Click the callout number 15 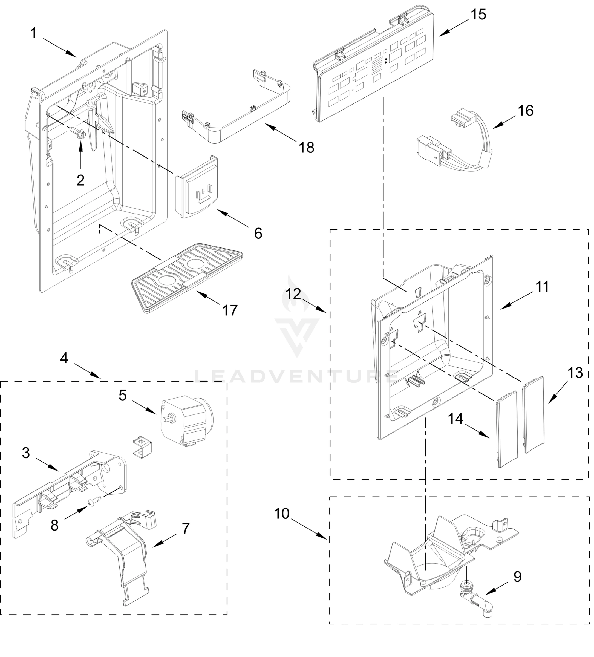point(478,15)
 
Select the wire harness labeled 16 point(456,143)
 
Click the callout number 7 point(185,528)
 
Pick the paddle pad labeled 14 point(507,429)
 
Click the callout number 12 point(293,294)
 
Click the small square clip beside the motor point(142,445)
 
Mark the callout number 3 point(26,453)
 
